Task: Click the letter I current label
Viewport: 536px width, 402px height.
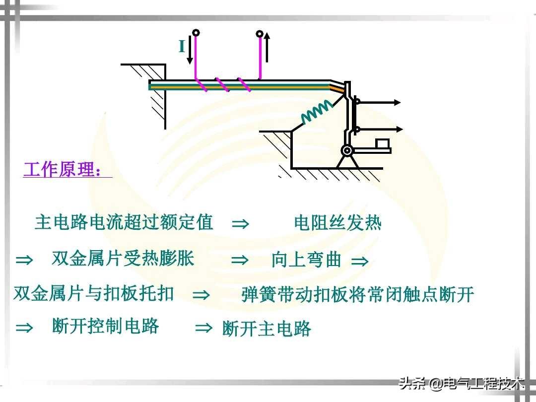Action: (x=182, y=47)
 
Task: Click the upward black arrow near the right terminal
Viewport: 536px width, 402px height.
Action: (x=267, y=47)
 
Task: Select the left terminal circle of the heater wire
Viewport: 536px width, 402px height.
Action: (x=196, y=33)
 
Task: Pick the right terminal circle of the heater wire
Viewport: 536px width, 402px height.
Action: (x=259, y=34)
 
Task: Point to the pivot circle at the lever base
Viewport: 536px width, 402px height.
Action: (x=347, y=150)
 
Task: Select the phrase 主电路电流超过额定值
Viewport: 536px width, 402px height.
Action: (x=124, y=222)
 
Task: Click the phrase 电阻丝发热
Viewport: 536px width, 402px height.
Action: (x=337, y=223)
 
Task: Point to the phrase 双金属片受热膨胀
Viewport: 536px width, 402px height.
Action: (x=123, y=259)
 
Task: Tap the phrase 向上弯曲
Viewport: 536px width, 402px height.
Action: (x=306, y=260)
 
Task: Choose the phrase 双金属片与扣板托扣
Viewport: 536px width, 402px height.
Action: (x=94, y=293)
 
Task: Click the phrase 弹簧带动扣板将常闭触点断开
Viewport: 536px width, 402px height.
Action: (x=358, y=295)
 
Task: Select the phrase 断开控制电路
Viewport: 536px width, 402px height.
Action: (x=105, y=326)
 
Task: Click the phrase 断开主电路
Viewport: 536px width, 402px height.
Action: (x=267, y=329)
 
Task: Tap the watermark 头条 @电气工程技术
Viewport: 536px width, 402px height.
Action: (x=462, y=384)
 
